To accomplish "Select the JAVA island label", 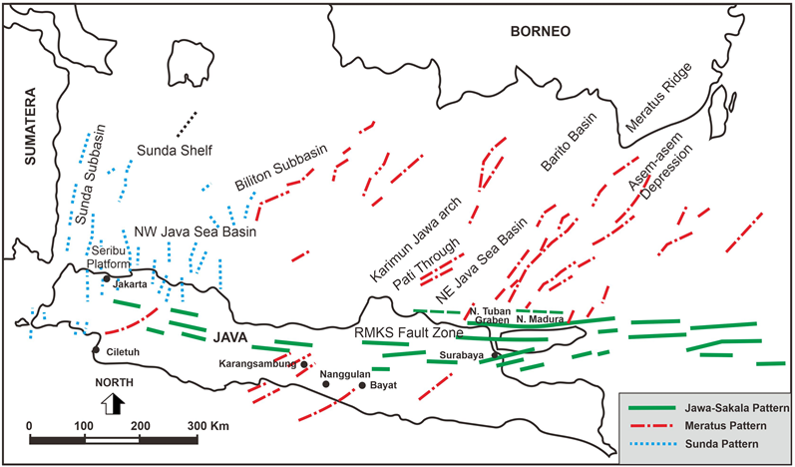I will pos(229,336).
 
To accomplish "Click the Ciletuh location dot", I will pos(95,350).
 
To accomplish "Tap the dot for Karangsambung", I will pos(304,364).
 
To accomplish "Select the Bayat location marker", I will pos(361,384).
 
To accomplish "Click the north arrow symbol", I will pos(115,403).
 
